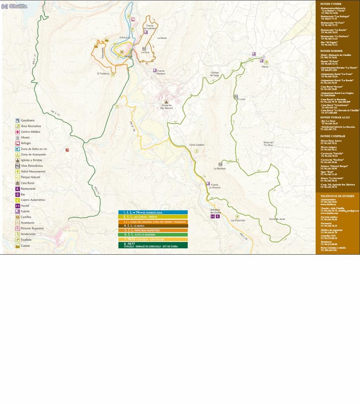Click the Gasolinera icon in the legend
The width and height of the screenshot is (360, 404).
coord(17,120)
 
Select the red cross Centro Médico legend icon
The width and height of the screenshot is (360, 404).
coord(17,132)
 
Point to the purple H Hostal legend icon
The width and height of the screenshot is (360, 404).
coord(17,206)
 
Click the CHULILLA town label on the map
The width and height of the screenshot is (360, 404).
coord(125,38)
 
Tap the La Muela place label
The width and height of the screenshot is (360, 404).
coord(162,38)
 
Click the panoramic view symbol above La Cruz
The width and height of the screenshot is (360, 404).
coord(144,49)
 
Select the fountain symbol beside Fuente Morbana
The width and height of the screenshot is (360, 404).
coord(155,71)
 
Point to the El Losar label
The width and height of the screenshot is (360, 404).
coord(241,99)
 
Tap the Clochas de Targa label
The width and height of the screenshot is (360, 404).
coord(215,74)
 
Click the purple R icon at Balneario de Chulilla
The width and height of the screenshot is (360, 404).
coord(218,217)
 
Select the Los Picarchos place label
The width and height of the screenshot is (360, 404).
coord(238,221)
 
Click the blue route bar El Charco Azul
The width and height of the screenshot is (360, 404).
coord(153,213)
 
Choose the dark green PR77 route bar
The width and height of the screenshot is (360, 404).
coord(153,245)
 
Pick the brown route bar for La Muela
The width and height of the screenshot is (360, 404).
coord(153,226)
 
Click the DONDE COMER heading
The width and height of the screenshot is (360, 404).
coord(331,4)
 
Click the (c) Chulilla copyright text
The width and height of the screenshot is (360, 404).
coord(14,6)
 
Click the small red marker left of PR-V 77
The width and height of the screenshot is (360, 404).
coord(67,150)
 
